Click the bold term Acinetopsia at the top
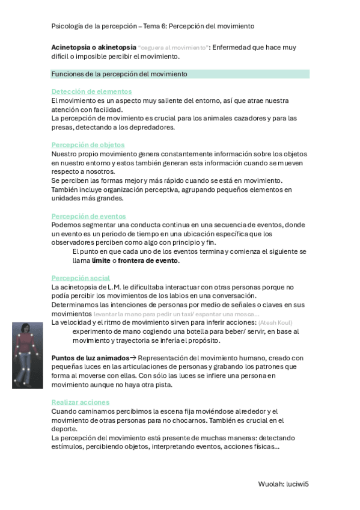pos(72,47)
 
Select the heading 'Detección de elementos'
pos(92,91)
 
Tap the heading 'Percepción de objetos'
pos(88,145)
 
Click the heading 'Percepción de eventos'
pos(88,216)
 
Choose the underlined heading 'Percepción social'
pos(81,278)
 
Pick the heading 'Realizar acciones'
pos(81,402)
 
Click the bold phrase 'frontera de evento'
pos(148,260)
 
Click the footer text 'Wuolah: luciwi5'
pos(287,483)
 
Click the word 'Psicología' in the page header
pos(67,26)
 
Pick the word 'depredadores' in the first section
pos(150,127)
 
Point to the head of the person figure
pos(26,328)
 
